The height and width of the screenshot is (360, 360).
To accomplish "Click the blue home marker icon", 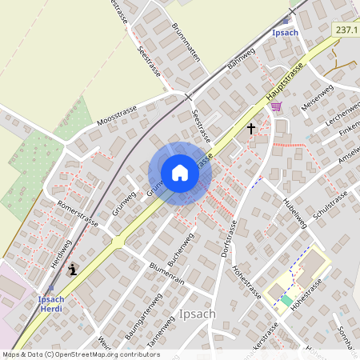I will pyautogui.click(x=180, y=173).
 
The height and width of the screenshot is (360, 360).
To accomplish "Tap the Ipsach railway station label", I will pyautogui.click(x=286, y=33).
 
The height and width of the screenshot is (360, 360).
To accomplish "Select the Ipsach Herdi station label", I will pyautogui.click(x=51, y=304).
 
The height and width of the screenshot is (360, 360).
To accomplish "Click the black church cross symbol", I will pyautogui.click(x=251, y=128).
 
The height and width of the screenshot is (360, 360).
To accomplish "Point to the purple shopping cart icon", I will pyautogui.click(x=276, y=106).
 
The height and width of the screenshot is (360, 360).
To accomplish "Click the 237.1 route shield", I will pyautogui.click(x=346, y=30).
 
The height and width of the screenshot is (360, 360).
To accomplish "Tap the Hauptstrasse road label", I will pyautogui.click(x=286, y=83).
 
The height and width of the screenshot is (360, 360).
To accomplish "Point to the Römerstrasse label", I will pyautogui.click(x=78, y=214).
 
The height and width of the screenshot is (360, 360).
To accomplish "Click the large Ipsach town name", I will pyautogui.click(x=198, y=314).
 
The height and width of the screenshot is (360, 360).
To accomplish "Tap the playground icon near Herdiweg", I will pyautogui.click(x=74, y=270).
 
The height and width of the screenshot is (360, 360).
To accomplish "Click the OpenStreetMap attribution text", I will pyautogui.click(x=81, y=354).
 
